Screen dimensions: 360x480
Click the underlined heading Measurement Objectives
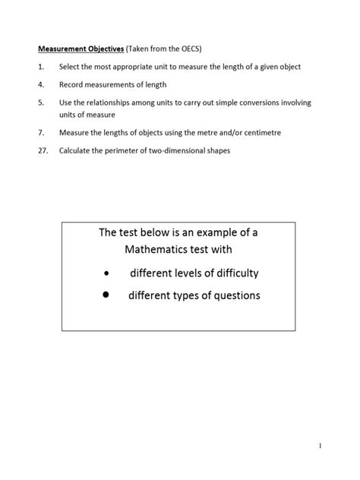pos(80,49)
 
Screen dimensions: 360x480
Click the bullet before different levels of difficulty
pos(106,273)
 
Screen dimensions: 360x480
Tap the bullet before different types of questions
pos(106,295)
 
